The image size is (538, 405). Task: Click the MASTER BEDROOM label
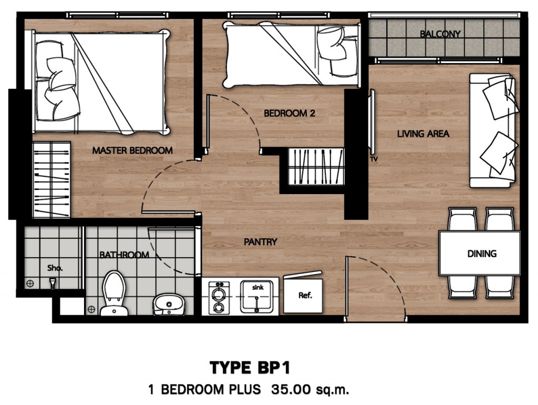click(x=132, y=150)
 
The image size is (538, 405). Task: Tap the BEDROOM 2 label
click(x=289, y=113)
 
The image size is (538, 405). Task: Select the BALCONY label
click(x=440, y=35)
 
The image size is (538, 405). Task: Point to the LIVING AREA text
click(x=423, y=134)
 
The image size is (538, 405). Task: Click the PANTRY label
click(x=261, y=242)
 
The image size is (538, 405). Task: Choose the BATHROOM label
click(x=125, y=255)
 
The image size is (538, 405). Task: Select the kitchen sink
click(x=257, y=296)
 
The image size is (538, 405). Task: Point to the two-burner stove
click(x=220, y=297)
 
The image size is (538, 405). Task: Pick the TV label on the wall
click(x=375, y=158)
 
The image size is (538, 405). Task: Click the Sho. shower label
click(x=55, y=267)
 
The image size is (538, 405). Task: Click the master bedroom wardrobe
click(x=51, y=179)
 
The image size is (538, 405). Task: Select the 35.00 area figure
click(x=291, y=390)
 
